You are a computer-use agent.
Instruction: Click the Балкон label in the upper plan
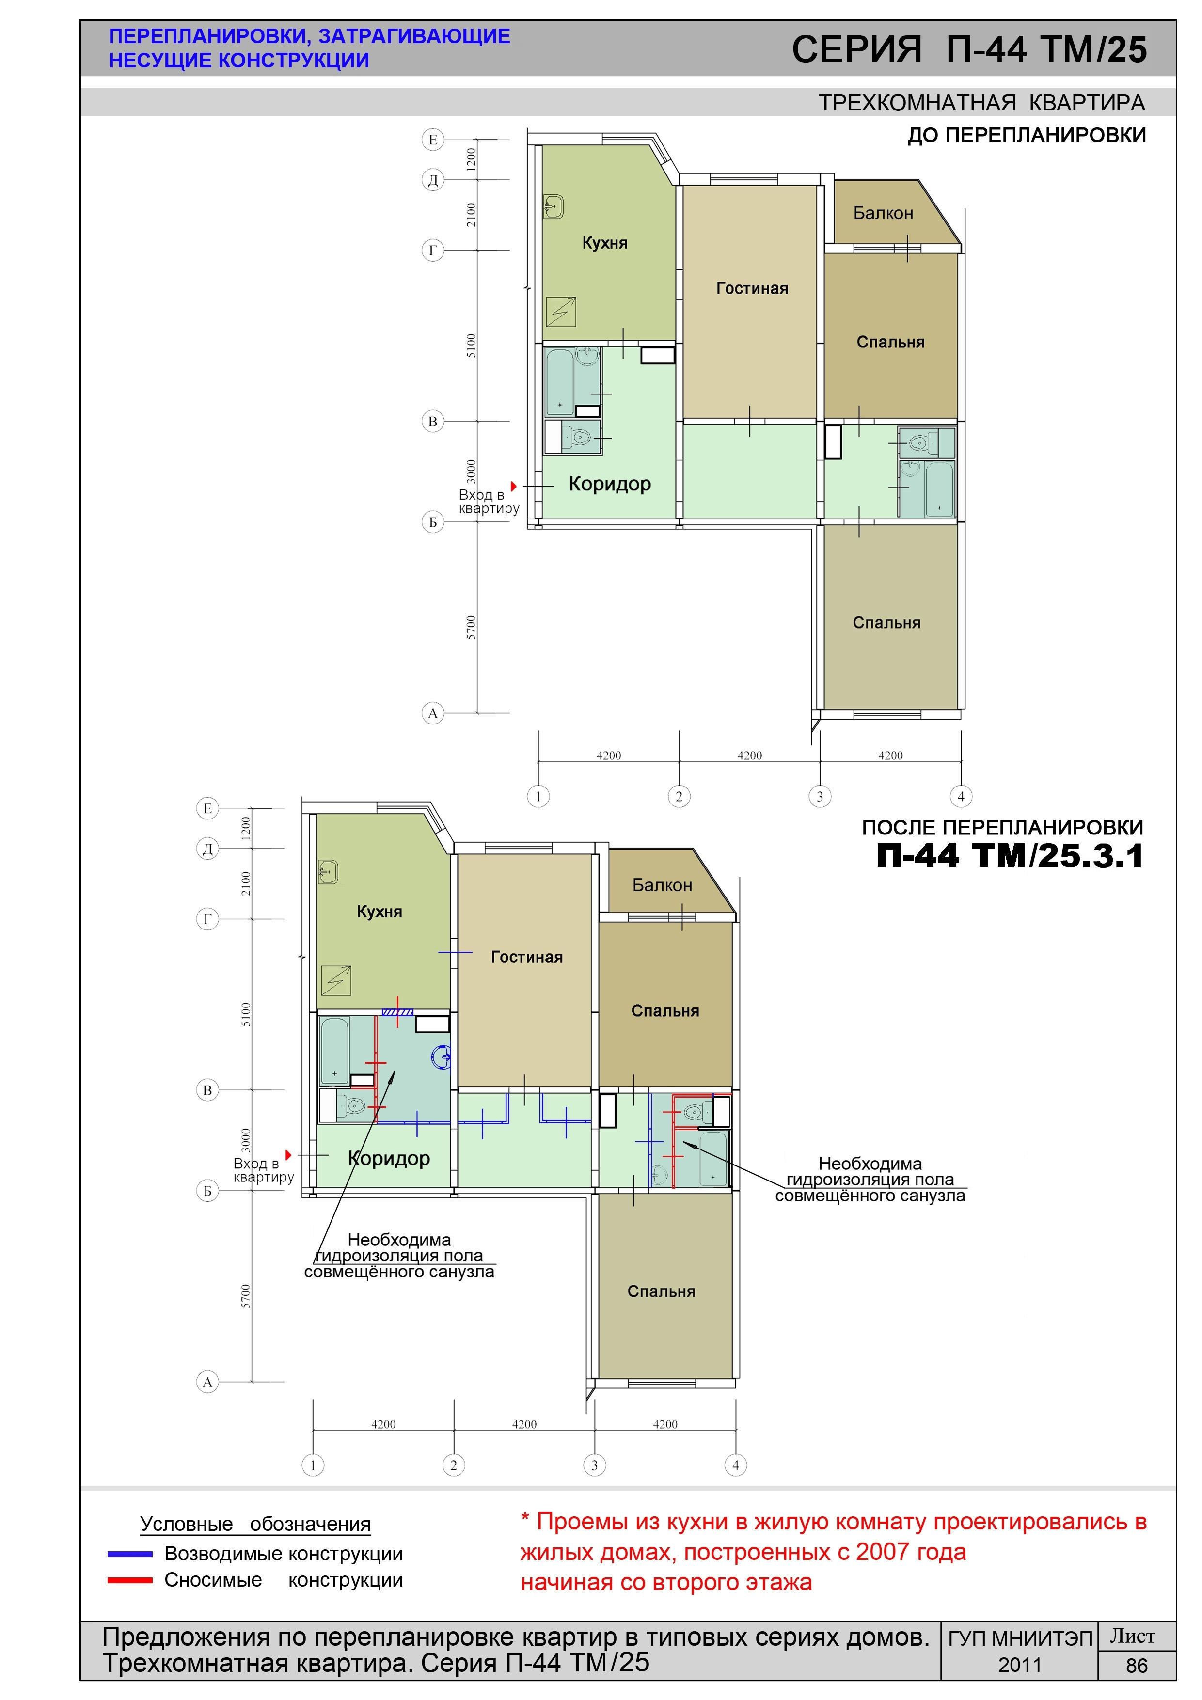pyautogui.click(x=883, y=213)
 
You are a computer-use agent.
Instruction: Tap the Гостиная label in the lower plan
pyautogui.click(x=526, y=958)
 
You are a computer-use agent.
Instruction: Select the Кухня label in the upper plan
pyautogui.click(x=604, y=243)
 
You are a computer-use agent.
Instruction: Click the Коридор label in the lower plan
pyautogui.click(x=389, y=1158)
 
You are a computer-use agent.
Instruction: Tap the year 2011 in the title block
pyautogui.click(x=1020, y=1665)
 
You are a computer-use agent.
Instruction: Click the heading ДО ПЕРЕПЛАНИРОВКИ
pyautogui.click(x=1027, y=136)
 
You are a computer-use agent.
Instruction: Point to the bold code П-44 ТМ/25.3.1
pyautogui.click(x=1010, y=856)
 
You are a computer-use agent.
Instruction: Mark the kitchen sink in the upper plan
pyautogui.click(x=553, y=206)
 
